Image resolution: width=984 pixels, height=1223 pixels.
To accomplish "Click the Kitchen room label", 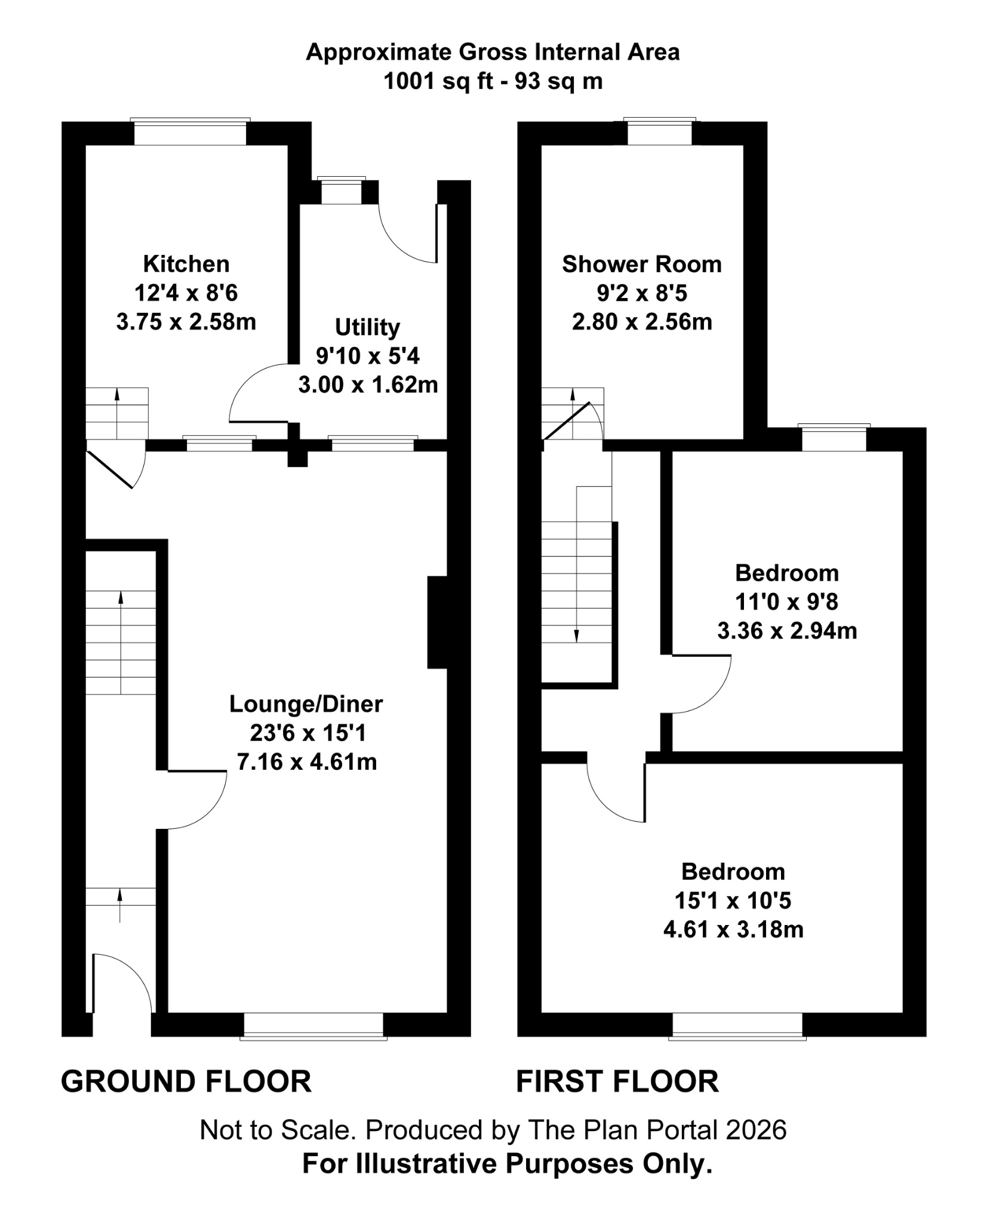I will point(186,264).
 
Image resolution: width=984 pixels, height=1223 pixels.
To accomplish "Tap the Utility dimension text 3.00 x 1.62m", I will point(368,385).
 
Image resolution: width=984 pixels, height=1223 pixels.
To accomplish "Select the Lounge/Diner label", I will point(306,704).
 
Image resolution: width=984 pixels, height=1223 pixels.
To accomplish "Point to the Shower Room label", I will point(642,264).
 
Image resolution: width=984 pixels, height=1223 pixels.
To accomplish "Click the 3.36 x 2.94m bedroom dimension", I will point(787,631).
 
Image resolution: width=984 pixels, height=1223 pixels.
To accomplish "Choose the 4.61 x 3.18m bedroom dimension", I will point(733,930).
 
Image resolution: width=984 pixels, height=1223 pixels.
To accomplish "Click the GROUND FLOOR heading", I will point(186,1082).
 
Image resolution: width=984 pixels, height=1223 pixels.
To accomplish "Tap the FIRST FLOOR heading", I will point(617,1082).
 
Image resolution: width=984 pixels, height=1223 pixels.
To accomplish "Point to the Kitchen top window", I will point(190,133).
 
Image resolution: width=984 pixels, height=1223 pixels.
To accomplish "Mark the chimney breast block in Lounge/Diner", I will point(437,622).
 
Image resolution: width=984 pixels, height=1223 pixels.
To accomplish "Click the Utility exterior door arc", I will point(406,239).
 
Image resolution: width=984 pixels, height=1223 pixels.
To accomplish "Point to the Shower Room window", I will point(659,133).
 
